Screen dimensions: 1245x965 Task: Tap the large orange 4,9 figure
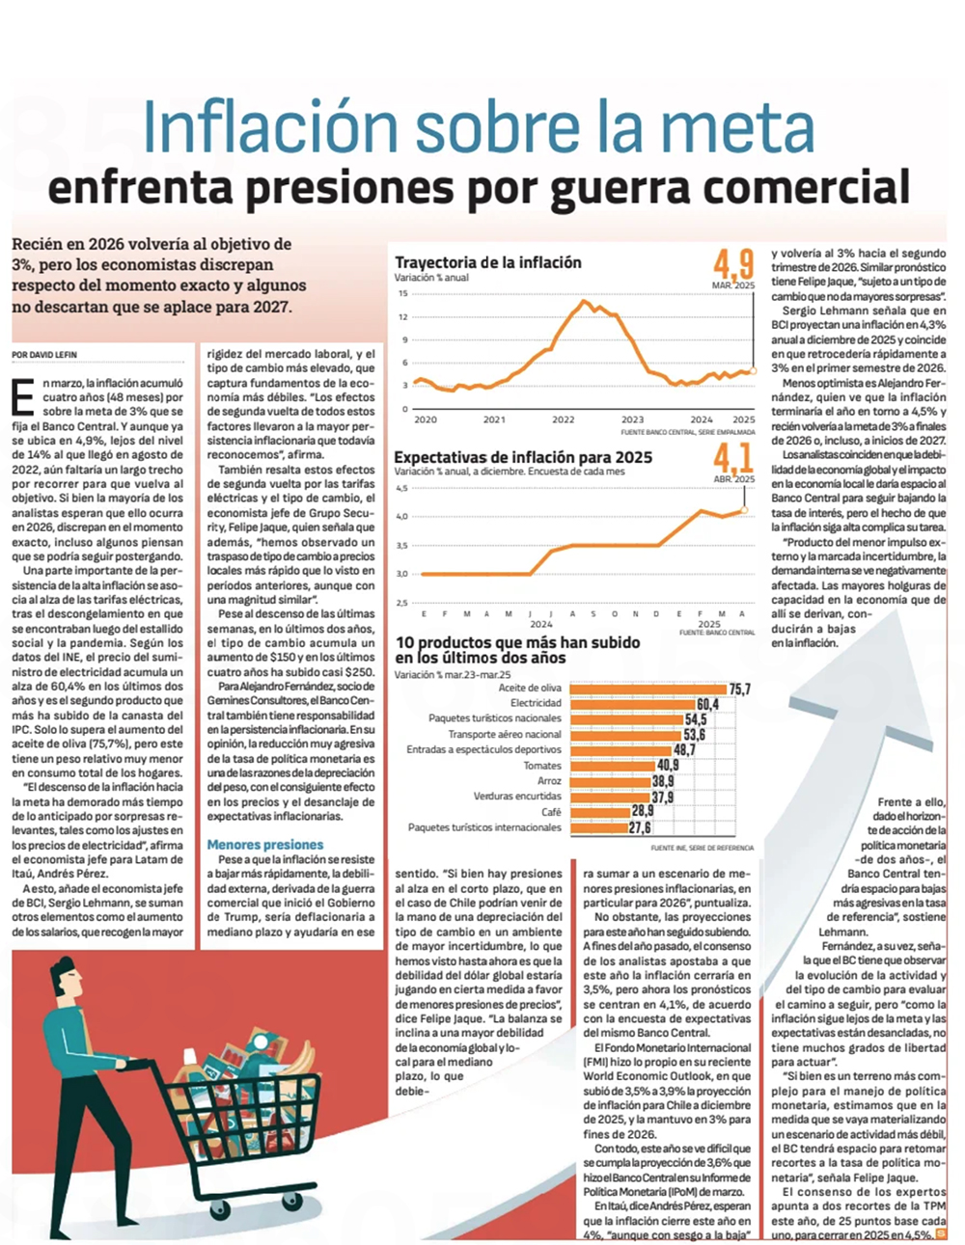(733, 263)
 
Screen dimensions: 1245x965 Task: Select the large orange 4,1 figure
(733, 457)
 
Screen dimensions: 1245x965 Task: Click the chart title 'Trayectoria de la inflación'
(487, 262)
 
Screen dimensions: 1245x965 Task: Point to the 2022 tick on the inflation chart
(563, 420)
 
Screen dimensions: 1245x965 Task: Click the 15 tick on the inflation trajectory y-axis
(402, 293)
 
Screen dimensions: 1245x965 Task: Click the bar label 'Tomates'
(542, 766)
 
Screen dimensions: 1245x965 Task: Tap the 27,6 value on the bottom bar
(640, 828)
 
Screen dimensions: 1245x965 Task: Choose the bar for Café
(599, 812)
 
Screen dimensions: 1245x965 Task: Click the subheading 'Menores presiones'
(264, 845)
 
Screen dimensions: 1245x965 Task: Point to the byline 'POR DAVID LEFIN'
(44, 355)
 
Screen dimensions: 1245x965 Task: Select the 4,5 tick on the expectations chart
(401, 488)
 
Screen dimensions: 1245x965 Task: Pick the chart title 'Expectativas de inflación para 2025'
(523, 457)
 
